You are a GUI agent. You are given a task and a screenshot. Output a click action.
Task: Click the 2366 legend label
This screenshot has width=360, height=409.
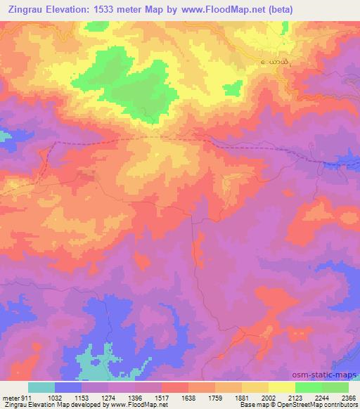[347, 397]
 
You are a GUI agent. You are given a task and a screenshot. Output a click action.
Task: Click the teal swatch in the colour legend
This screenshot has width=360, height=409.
[41, 387]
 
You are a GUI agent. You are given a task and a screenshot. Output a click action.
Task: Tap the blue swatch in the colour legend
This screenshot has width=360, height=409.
[68, 387]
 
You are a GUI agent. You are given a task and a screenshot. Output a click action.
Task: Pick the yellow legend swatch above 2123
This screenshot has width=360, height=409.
[282, 387]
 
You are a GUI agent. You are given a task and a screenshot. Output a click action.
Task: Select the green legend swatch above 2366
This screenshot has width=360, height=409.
[335, 387]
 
